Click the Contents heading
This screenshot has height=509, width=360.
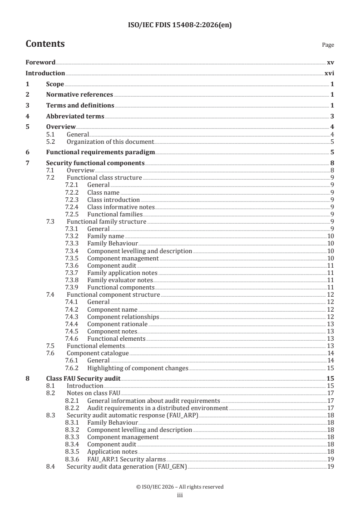[45, 44]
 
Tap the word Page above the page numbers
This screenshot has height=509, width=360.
[328, 45]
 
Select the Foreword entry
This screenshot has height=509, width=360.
[40, 62]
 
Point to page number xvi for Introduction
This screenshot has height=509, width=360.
[330, 73]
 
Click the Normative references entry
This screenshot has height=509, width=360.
[79, 95]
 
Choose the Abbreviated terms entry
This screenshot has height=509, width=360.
[75, 117]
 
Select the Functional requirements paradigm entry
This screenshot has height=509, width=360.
[101, 152]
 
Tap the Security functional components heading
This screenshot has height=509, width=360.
[95, 163]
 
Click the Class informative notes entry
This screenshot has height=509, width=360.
[121, 207]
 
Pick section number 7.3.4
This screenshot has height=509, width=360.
[72, 251]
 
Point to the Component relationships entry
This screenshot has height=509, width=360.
[123, 317]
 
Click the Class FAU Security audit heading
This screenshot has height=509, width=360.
[83, 379]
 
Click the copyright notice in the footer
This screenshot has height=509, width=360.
[180, 487]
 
